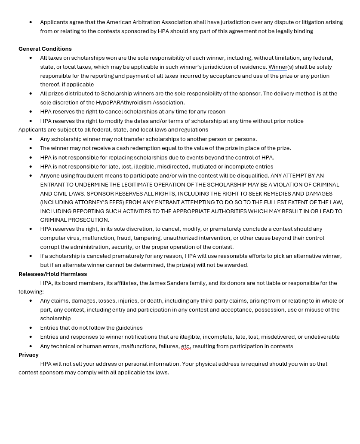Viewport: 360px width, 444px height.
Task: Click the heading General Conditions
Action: pyautogui.click(x=45, y=49)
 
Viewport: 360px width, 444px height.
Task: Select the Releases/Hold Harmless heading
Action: pyautogui.click(x=52, y=274)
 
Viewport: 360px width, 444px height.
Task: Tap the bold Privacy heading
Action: pyautogui.click(x=28, y=355)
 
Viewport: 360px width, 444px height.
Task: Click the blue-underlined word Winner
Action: pyautogui.click(x=277, y=67)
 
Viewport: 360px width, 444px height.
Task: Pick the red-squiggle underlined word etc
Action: pyautogui.click(x=185, y=346)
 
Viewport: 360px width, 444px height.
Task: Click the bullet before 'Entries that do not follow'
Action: pyautogui.click(x=31, y=328)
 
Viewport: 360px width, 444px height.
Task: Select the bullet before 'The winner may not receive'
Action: pyautogui.click(x=31, y=148)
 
